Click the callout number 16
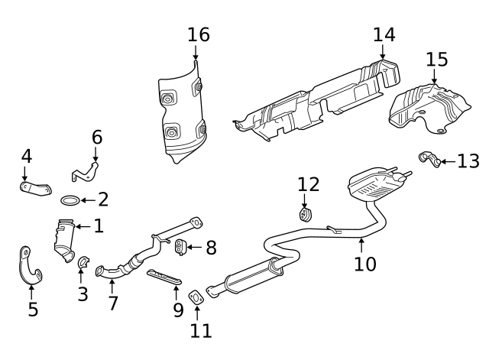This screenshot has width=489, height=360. (198, 34)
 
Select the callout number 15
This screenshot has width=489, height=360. (437, 59)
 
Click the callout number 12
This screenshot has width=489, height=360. (308, 184)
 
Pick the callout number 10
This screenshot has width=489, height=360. (365, 264)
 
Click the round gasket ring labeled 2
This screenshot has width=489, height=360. (69, 201)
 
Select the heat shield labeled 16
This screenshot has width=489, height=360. (183, 115)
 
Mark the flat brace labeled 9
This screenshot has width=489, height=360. (164, 277)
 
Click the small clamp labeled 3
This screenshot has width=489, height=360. (83, 264)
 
